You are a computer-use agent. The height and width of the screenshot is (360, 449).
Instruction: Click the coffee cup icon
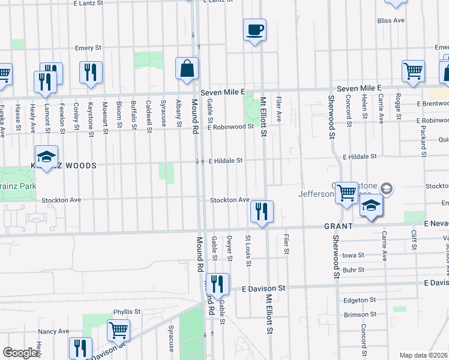(x=255, y=29)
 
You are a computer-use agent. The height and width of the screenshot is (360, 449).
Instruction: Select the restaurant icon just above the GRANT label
(x=262, y=211)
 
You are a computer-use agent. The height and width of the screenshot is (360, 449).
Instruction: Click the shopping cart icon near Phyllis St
(x=118, y=330)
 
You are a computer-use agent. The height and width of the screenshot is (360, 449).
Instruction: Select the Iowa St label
(x=354, y=255)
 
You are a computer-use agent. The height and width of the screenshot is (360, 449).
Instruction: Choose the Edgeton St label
(x=360, y=299)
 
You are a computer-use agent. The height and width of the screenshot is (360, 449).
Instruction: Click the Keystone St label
(x=91, y=113)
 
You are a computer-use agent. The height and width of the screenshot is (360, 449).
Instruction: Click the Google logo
(x=19, y=353)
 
